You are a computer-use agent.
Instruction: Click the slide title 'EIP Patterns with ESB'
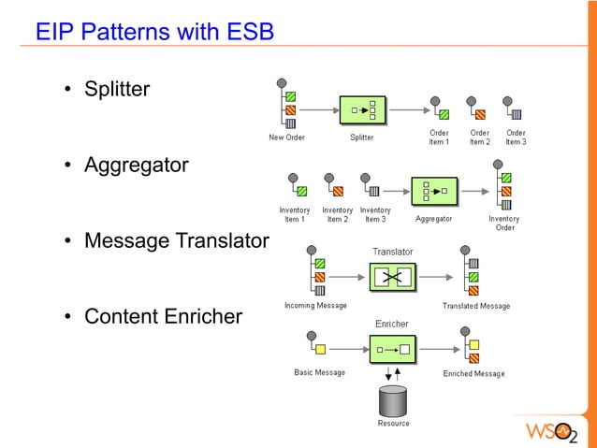pos(154,33)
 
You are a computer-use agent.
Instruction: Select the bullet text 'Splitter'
pos(117,91)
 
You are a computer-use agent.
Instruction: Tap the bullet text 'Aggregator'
pos(136,166)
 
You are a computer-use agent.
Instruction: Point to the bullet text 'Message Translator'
pos(176,241)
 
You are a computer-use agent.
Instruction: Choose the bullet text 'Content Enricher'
pos(163,316)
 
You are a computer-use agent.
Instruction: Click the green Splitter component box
pos(362,110)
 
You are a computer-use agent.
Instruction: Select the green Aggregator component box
pos(434,192)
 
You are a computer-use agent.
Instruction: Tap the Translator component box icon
pos(392,277)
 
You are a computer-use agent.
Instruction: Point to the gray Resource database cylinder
pos(393,400)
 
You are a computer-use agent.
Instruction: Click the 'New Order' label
pos(286,137)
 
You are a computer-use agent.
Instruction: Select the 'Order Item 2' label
pos(479,137)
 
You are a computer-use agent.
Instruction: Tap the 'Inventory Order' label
pos(504,223)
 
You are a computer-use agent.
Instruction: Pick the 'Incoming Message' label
pos(315,306)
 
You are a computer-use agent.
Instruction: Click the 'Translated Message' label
pos(476,306)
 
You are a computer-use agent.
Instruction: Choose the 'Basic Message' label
pos(320,372)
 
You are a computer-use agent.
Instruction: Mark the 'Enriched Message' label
pos(473,373)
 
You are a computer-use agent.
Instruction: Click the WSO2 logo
pos(556,433)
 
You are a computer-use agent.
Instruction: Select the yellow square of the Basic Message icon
pos(320,350)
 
